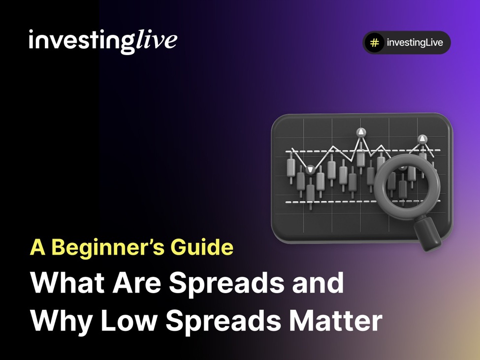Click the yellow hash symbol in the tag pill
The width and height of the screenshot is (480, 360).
click(374, 43)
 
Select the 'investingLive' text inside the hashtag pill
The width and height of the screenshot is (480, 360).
click(415, 43)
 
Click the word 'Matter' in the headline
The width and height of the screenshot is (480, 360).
click(336, 320)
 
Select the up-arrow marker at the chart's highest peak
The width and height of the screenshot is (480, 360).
click(361, 132)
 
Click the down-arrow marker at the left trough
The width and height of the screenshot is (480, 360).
click(310, 170)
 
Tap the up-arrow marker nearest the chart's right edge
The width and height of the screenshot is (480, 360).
click(422, 139)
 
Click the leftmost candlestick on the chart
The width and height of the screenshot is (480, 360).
click(290, 167)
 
